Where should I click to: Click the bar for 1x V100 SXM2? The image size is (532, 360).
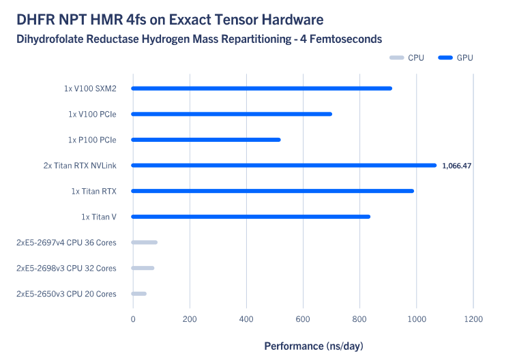pyautogui.click(x=261, y=88)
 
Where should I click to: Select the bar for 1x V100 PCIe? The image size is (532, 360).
pyautogui.click(x=231, y=114)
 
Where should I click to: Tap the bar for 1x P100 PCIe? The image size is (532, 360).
pyautogui.click(x=205, y=140)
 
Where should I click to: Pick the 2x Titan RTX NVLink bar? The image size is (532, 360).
pyautogui.click(x=283, y=165)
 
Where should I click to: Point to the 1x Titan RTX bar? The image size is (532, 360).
pyautogui.click(x=272, y=191)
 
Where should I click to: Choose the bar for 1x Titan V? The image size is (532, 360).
pyautogui.click(x=250, y=217)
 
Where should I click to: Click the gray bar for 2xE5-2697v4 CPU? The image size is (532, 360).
pyautogui.click(x=144, y=242)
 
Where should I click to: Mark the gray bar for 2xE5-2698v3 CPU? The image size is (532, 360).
pyautogui.click(x=143, y=268)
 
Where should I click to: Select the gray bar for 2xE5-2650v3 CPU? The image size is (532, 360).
pyautogui.click(x=138, y=294)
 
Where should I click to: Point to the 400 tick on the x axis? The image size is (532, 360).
pyautogui.click(x=246, y=318)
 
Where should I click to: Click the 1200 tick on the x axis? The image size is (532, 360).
pyautogui.click(x=473, y=318)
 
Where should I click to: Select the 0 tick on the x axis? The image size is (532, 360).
pyautogui.click(x=133, y=318)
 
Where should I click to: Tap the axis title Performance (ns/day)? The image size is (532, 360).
pyautogui.click(x=314, y=346)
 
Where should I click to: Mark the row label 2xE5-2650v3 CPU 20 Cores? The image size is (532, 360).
pyautogui.click(x=66, y=294)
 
